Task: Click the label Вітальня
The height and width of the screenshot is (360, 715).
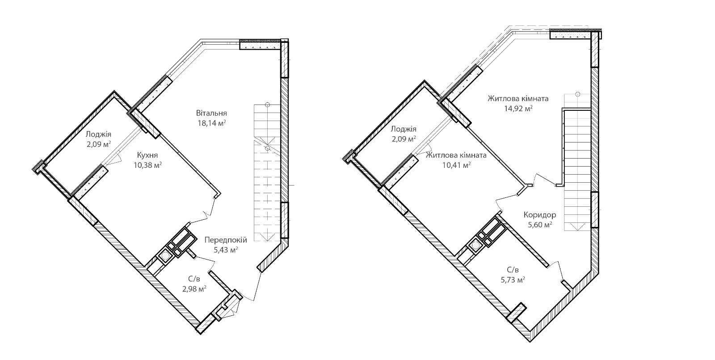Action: coord(211,113)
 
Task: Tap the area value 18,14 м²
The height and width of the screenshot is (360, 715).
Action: coord(212,123)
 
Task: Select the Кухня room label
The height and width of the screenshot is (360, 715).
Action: coord(147,155)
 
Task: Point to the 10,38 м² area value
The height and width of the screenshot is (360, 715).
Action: coord(148,165)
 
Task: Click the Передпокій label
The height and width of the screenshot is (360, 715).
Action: coord(226,240)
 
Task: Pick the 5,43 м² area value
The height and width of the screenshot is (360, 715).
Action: coord(226,250)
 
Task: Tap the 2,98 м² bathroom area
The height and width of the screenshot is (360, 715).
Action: coord(194,289)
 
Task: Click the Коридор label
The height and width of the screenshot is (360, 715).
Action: coord(540,215)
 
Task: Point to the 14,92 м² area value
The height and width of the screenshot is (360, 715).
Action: coord(518,109)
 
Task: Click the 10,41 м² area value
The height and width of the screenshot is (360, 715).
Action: coord(456,165)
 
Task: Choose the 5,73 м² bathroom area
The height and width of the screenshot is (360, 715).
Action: coord(513,280)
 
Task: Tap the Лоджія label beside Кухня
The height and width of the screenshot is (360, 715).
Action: coord(99,135)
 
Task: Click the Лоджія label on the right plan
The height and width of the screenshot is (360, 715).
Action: coord(404,129)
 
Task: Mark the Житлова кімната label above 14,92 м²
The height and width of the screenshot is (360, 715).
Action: coord(518,98)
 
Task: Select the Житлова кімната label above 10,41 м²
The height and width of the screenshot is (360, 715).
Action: coord(456,155)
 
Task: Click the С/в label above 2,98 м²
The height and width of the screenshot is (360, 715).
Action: coord(194,279)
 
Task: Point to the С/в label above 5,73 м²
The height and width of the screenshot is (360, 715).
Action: coord(513,270)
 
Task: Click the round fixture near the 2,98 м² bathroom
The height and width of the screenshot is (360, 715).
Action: coord(165,255)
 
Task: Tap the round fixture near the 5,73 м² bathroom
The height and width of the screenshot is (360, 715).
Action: coord(475,245)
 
